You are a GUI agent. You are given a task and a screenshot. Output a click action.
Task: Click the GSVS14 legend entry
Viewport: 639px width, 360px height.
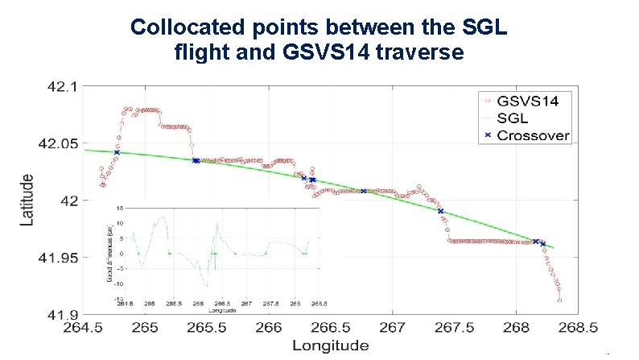click(534, 101)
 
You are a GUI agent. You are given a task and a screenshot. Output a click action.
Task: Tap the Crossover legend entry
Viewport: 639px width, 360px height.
click(534, 134)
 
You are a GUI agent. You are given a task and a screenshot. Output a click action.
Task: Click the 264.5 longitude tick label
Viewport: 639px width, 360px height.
click(84, 329)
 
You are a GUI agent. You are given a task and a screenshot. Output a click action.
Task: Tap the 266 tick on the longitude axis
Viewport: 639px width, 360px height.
click(269, 329)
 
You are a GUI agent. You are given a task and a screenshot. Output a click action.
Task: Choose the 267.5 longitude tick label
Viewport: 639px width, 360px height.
click(454, 329)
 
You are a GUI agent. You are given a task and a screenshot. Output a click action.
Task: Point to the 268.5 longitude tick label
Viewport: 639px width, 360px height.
click(577, 329)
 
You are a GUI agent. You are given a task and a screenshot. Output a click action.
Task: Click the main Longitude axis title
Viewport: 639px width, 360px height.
click(330, 346)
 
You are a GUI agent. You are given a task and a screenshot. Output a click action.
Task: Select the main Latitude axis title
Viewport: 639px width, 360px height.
click(27, 200)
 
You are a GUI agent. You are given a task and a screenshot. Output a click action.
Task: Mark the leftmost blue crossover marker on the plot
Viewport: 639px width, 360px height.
click(117, 152)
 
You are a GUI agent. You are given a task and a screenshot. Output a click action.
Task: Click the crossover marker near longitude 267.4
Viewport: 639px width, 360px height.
click(440, 211)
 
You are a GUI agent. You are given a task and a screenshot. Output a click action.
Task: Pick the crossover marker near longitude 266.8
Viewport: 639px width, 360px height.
click(364, 191)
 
